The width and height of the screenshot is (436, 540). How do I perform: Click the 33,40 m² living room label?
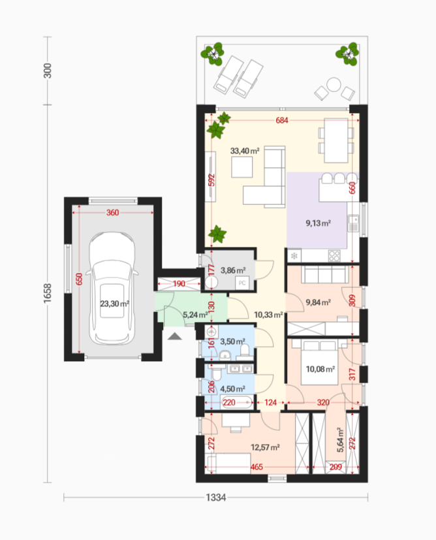pos(245,151)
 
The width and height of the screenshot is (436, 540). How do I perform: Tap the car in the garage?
pos(112,288)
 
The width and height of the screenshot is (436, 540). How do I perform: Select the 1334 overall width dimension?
pos(216,498)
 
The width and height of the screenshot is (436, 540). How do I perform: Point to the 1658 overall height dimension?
pos(48,293)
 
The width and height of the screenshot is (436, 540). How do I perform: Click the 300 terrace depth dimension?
pos(48,71)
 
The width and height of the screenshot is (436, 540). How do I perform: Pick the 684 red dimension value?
pos(282,120)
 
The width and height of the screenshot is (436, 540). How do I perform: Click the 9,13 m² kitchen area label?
pos(319,223)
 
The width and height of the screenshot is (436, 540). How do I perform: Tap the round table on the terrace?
pos(334,84)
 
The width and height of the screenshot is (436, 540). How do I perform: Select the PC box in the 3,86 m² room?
pos(242,283)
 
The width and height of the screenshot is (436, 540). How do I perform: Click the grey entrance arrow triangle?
pos(175,336)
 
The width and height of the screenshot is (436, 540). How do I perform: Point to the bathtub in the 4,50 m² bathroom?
pos(237,402)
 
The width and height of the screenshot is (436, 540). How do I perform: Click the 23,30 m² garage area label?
pos(115,304)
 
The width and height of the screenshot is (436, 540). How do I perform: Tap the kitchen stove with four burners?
pos(334,255)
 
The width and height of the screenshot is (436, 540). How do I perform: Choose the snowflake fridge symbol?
pos(294,256)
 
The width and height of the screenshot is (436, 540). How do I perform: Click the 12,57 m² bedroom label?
pos(265,447)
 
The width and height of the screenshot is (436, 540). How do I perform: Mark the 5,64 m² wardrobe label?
pos(340,440)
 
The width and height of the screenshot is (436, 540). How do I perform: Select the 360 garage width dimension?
pos(112,212)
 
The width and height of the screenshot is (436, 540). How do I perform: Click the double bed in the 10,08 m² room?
pos(319,362)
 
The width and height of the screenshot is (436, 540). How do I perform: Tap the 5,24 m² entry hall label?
pos(195,315)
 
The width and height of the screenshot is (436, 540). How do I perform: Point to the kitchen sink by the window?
pos(353,223)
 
